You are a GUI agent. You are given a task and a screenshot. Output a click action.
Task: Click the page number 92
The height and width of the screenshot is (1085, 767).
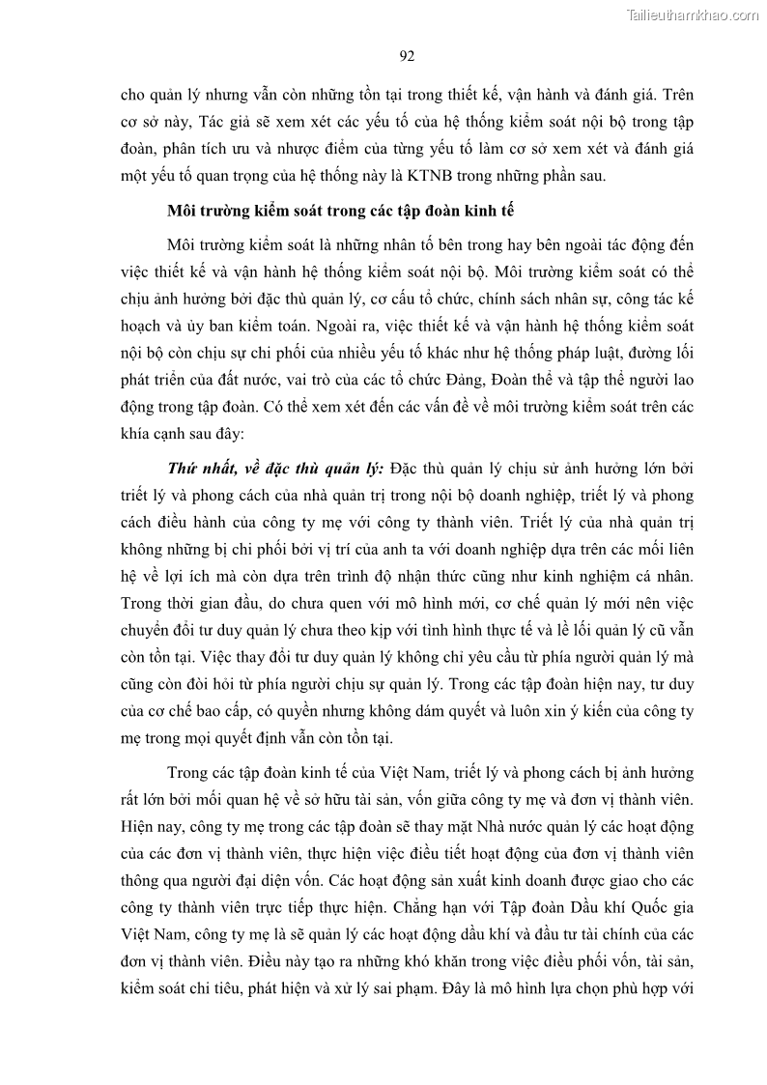(407, 56)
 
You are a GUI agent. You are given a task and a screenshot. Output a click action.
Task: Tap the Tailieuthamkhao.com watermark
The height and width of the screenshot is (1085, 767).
(693, 15)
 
